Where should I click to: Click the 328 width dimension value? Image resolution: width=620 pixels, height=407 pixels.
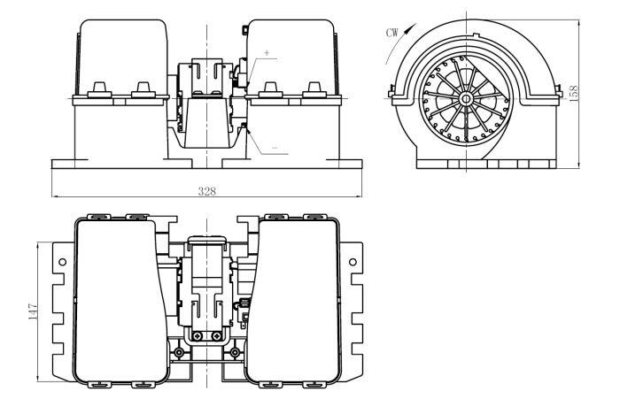pos(206,191)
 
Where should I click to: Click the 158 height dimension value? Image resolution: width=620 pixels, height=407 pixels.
pos(574,94)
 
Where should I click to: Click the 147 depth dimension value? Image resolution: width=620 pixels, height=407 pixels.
pos(33,311)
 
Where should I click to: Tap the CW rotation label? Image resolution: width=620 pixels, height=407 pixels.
pos(392,33)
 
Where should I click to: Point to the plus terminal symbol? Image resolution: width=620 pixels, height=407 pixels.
pos(267,52)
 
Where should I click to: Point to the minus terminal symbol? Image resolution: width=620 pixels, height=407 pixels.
pos(275,148)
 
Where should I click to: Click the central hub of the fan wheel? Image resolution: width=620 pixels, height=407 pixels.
pos(466,98)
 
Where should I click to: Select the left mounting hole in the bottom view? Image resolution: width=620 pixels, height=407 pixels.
pos(63,262)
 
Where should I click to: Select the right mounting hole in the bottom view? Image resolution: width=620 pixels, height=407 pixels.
pos(353,262)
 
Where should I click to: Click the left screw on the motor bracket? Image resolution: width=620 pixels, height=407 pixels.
pos(197,336)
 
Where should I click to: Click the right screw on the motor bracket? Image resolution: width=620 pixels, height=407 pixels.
pos(216,336)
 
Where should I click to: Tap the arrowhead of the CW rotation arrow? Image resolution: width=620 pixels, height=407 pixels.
pos(414,26)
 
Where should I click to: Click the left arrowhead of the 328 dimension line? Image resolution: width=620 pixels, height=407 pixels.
pos(55,196)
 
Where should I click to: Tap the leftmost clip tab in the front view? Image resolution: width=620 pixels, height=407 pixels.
pos(99,89)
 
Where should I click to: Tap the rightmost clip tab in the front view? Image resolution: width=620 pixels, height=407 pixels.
pos(314,89)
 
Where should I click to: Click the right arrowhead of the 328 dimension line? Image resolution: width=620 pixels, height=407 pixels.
pos(359,196)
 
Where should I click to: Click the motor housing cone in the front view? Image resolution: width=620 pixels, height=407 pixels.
pos(206,123)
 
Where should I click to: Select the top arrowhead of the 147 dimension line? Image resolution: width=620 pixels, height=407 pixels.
pos(37,245)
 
